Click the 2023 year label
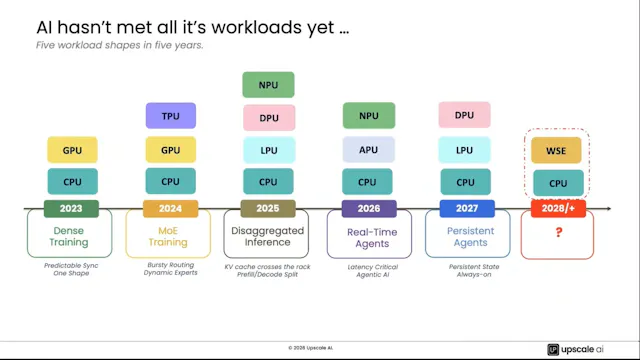coord(72,209)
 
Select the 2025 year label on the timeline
coord(268,209)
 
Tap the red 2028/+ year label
coord(558,209)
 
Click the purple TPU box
coord(170,116)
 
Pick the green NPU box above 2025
coord(268,85)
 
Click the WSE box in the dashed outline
coord(558,151)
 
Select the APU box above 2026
coord(368,151)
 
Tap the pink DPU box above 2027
coord(464,116)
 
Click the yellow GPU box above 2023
coord(72,151)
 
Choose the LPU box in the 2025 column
coord(268,151)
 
